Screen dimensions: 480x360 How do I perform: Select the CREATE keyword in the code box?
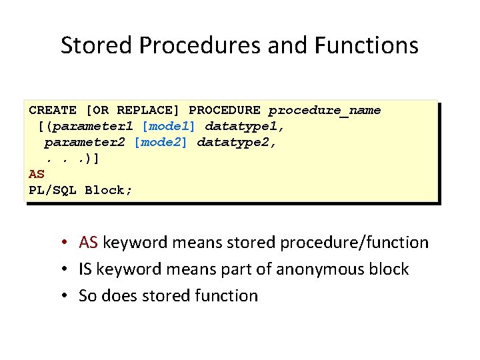[53, 110]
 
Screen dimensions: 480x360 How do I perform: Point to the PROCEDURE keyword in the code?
[225, 110]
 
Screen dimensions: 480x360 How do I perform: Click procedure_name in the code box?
[325, 111]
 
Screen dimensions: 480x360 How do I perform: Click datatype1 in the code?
[244, 126]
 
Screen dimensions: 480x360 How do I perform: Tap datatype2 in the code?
[236, 142]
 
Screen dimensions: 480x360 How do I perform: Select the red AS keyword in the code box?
[37, 174]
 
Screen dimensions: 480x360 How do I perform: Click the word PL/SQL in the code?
[53, 190]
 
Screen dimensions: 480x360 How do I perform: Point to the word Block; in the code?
[109, 190]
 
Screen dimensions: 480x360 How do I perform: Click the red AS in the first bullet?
[89, 243]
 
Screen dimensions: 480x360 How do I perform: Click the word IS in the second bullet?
[85, 269]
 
